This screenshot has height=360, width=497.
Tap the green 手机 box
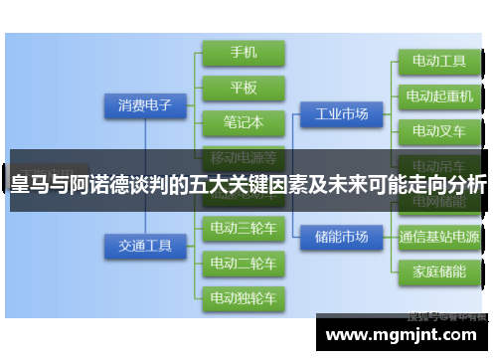[x=243, y=52]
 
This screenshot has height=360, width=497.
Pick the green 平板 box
[x=243, y=88]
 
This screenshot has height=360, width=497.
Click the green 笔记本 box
[x=243, y=122]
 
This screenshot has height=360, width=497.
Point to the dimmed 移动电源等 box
[x=243, y=155]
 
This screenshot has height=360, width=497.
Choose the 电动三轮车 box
[x=243, y=229]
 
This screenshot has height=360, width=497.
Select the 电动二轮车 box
[x=243, y=263]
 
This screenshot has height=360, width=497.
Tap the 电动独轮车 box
[x=243, y=296]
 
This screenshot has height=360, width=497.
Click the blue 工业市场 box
[x=341, y=114]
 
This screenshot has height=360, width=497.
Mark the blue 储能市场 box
[x=341, y=236]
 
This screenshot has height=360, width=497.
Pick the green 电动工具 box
[x=438, y=62]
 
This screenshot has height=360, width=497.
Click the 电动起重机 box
[x=438, y=96]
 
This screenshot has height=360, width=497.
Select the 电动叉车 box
[x=438, y=130]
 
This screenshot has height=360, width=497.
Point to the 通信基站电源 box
[x=438, y=237]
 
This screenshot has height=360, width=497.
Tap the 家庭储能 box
[x=438, y=270]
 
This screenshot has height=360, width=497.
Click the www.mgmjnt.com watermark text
[x=401, y=334]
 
